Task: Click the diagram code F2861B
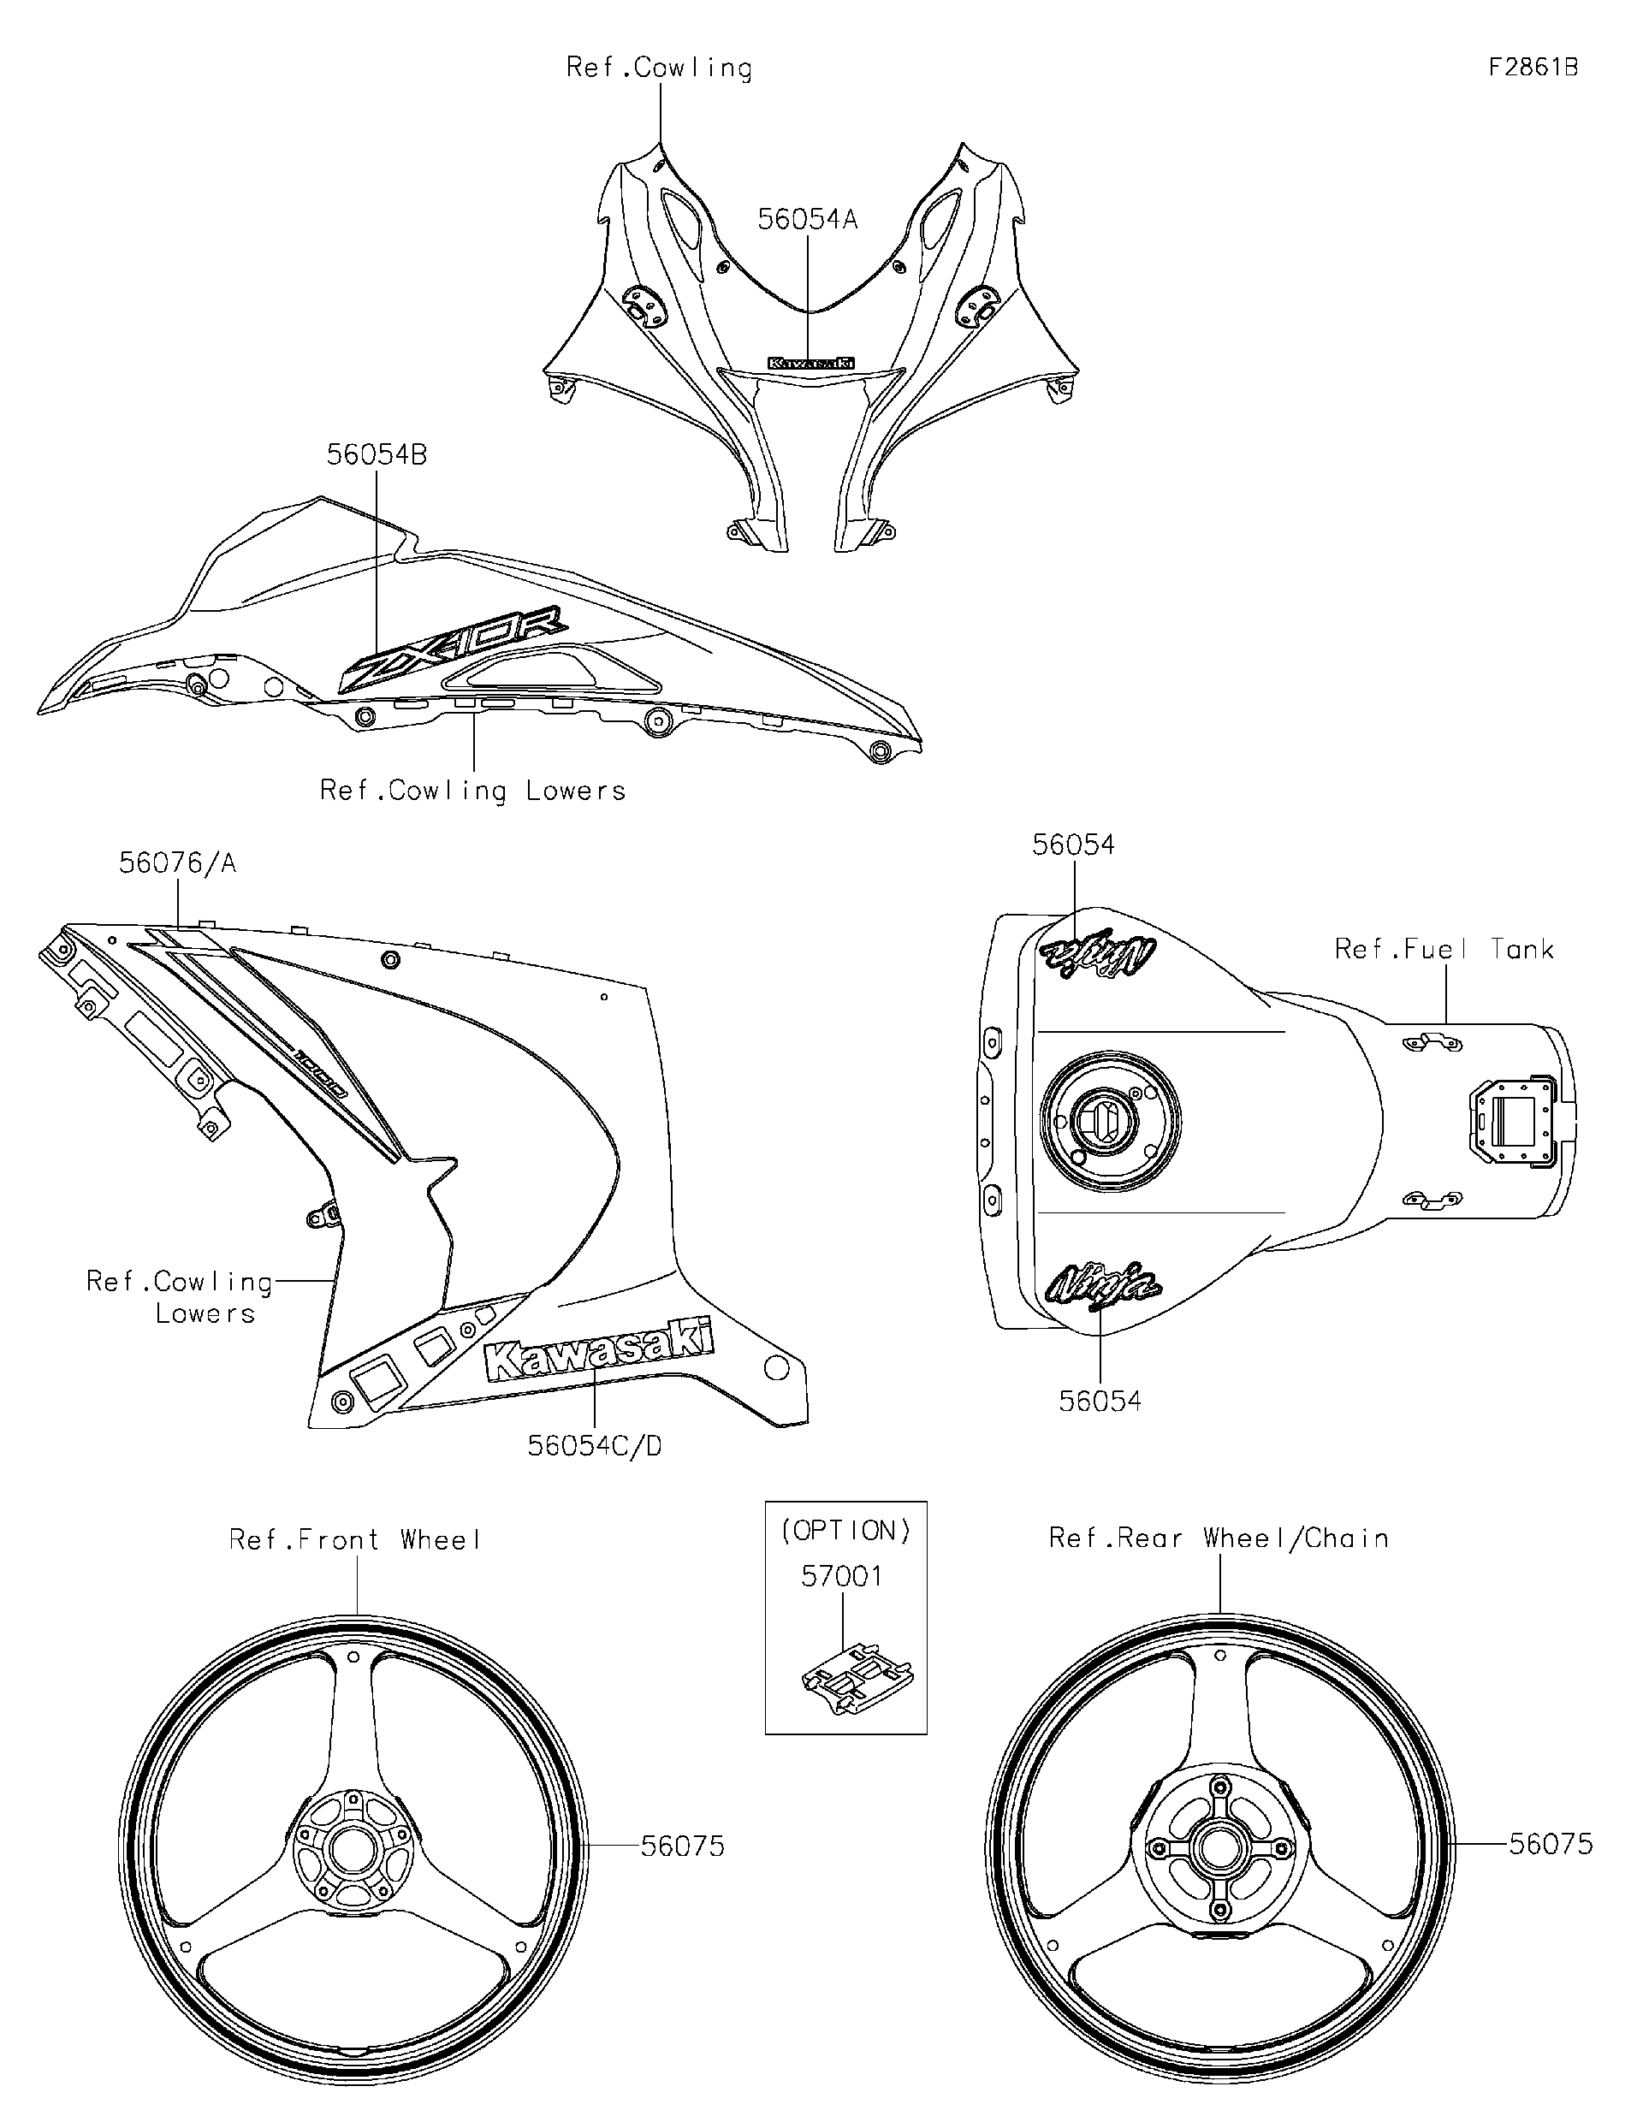tap(1533, 67)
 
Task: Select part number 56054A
tap(808, 220)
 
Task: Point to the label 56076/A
tap(178, 862)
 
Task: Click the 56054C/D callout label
tap(595, 1446)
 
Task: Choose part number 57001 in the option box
tap(841, 1576)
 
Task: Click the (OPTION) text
tap(846, 1532)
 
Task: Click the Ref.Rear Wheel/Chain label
tap(1219, 1538)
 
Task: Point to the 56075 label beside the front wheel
tap(682, 1846)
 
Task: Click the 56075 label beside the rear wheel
tap(1551, 1844)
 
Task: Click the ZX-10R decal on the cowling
tap(453, 647)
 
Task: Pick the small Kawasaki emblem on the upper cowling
tap(811, 363)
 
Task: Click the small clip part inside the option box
tap(857, 1676)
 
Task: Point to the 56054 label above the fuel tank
tap(1073, 845)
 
